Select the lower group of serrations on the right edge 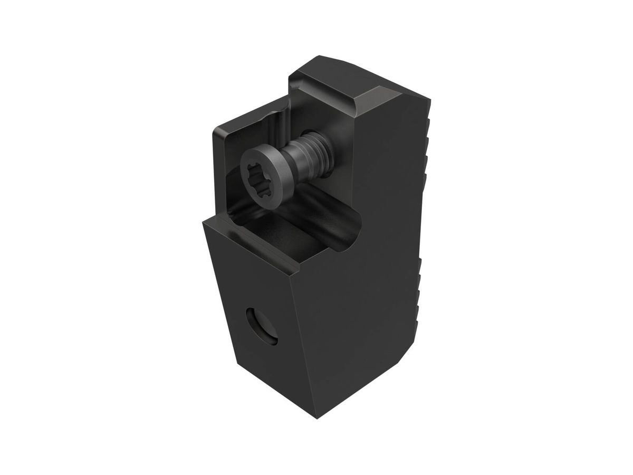tap(422, 296)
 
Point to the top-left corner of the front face tap(204, 222)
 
